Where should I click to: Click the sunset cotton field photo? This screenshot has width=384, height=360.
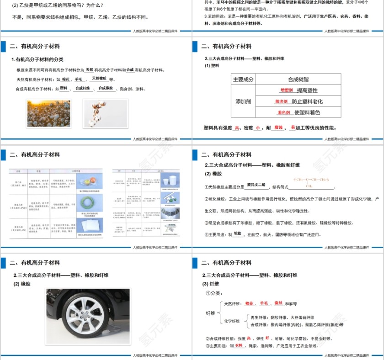click(x=49, y=113)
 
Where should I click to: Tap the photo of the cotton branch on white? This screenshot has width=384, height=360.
click(x=105, y=113)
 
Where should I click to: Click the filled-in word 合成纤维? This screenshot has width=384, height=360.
click(x=82, y=88)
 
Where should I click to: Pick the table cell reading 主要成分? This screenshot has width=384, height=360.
click(x=243, y=79)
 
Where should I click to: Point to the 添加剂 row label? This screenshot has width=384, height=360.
click(x=243, y=101)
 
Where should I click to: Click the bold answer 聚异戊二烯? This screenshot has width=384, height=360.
click(x=256, y=185)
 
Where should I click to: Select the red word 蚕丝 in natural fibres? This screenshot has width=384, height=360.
click(x=278, y=303)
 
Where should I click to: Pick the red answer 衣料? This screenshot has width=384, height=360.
click(x=239, y=345)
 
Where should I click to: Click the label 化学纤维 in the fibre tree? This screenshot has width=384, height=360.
click(x=232, y=321)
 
